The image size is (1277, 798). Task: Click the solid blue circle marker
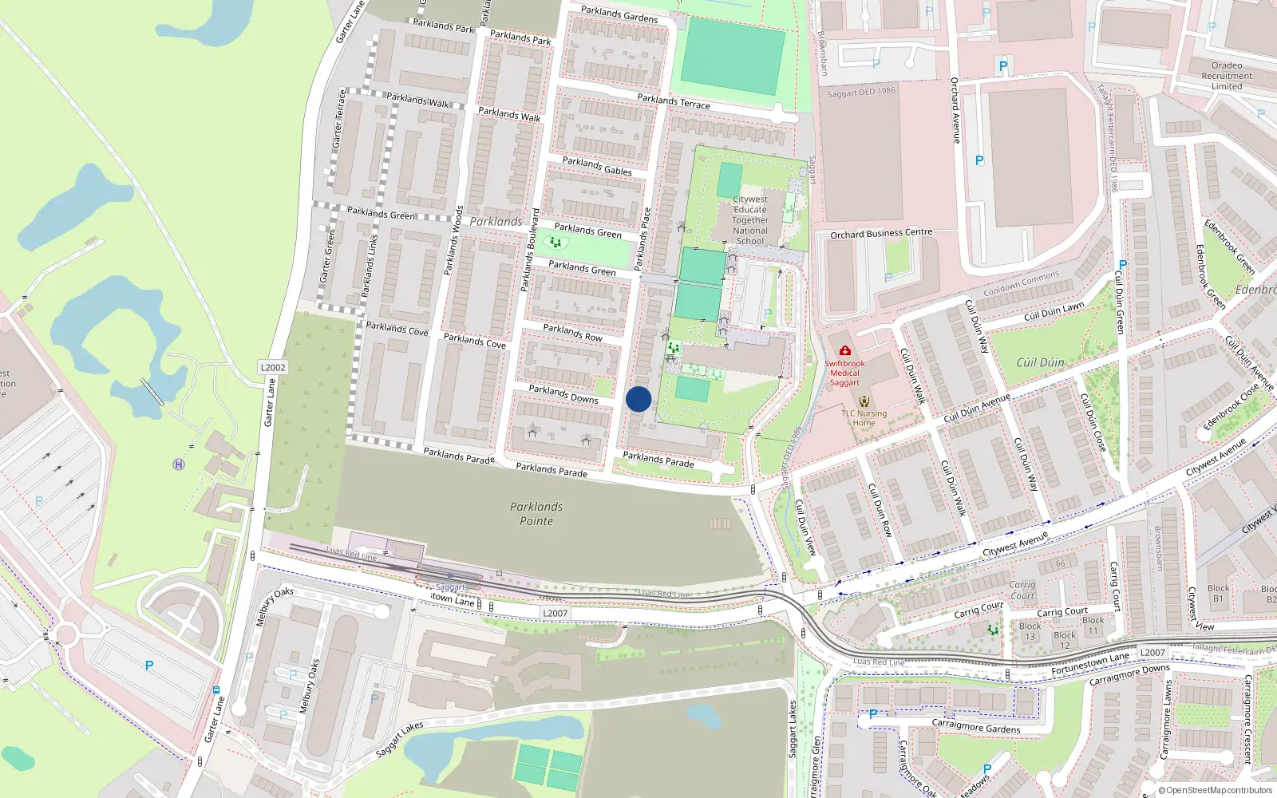click(638, 399)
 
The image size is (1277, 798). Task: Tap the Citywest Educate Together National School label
click(750, 220)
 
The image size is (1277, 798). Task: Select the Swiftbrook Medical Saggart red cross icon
click(845, 350)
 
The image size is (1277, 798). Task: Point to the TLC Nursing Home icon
click(864, 401)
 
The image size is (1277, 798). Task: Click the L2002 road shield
click(273, 368)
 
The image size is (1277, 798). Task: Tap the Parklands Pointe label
click(536, 514)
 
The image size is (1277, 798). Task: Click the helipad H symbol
click(179, 464)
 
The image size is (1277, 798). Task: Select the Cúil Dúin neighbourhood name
click(1040, 362)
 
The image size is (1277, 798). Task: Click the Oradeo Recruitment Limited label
click(1227, 76)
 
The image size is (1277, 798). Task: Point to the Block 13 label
click(1030, 631)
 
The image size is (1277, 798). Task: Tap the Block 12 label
click(1065, 640)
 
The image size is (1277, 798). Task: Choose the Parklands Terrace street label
click(674, 101)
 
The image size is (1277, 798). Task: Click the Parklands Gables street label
click(597, 166)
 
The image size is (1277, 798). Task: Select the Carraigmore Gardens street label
click(976, 726)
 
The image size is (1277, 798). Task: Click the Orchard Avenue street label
click(955, 110)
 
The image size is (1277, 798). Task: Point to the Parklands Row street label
click(572, 332)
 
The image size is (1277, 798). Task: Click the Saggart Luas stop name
click(450, 587)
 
